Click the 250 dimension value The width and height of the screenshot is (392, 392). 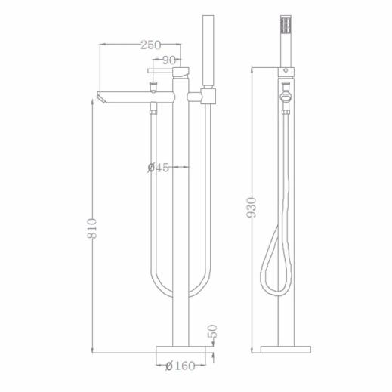tap(150, 45)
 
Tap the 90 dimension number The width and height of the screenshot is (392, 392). tap(168, 60)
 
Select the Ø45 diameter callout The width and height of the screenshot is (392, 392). tap(158, 168)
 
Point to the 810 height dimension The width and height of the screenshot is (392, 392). tap(91, 228)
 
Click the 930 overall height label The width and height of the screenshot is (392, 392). tap(251, 208)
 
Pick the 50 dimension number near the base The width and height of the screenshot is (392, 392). tap(212, 331)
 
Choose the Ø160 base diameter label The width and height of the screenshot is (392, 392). tap(181, 366)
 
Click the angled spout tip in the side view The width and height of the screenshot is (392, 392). tap(101, 97)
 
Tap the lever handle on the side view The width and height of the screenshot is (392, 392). tap(161, 71)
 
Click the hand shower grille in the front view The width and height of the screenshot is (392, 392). tap(286, 25)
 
